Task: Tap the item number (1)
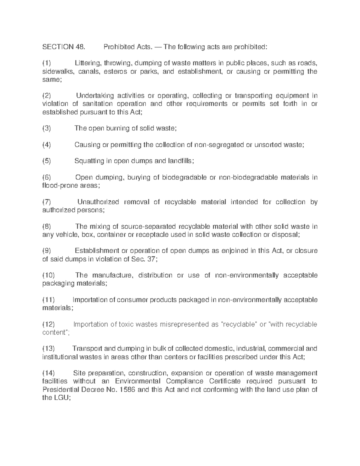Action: click(46, 63)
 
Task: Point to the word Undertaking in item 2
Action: click(94, 96)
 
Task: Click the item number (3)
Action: click(46, 128)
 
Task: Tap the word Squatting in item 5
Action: click(89, 161)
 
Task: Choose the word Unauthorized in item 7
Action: click(98, 202)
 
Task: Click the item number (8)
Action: click(46, 227)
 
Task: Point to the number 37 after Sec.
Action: click(151, 259)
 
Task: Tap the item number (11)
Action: click(48, 300)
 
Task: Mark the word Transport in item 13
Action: click(88, 349)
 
